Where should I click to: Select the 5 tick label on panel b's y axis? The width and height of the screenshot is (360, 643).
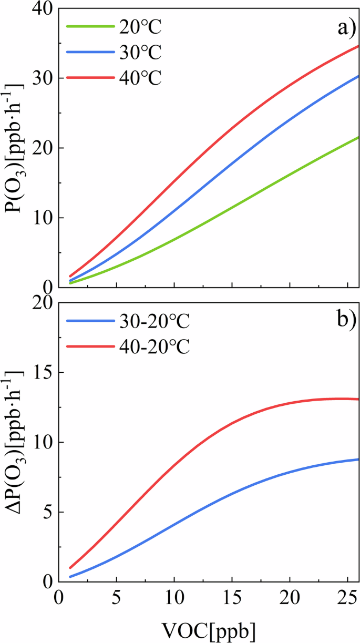click(44, 512)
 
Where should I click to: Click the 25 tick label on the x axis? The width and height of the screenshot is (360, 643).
click(347, 598)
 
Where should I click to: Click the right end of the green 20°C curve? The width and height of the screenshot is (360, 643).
click(358, 138)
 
